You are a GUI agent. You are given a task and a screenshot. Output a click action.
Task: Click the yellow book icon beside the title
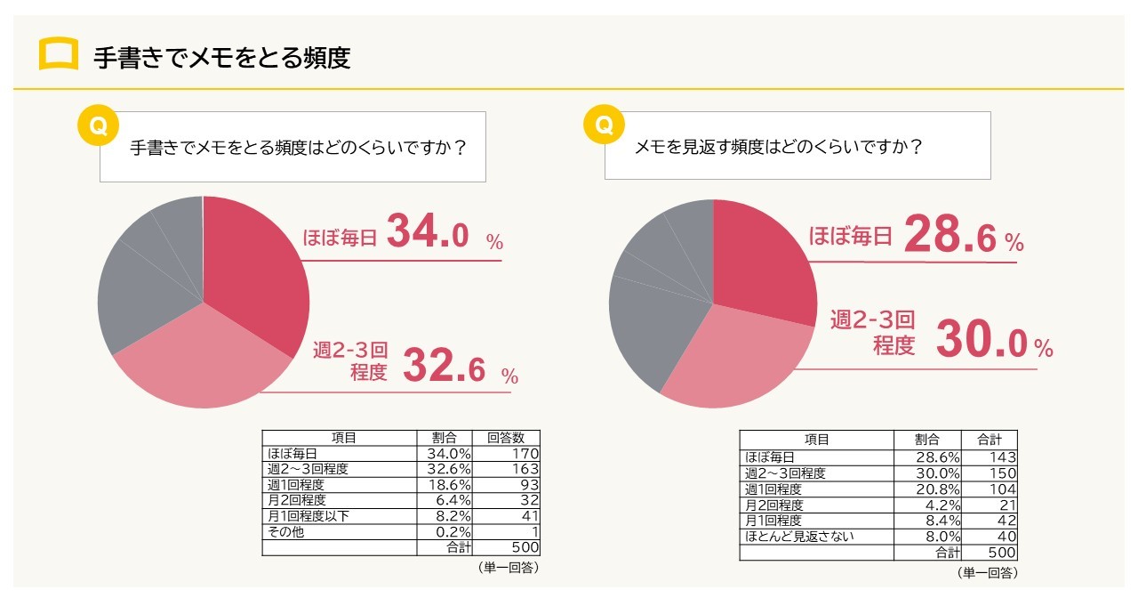pos(59,55)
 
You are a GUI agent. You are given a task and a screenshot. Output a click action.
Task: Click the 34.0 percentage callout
pos(427,236)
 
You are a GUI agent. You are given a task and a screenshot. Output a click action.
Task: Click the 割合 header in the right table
pos(927,440)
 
